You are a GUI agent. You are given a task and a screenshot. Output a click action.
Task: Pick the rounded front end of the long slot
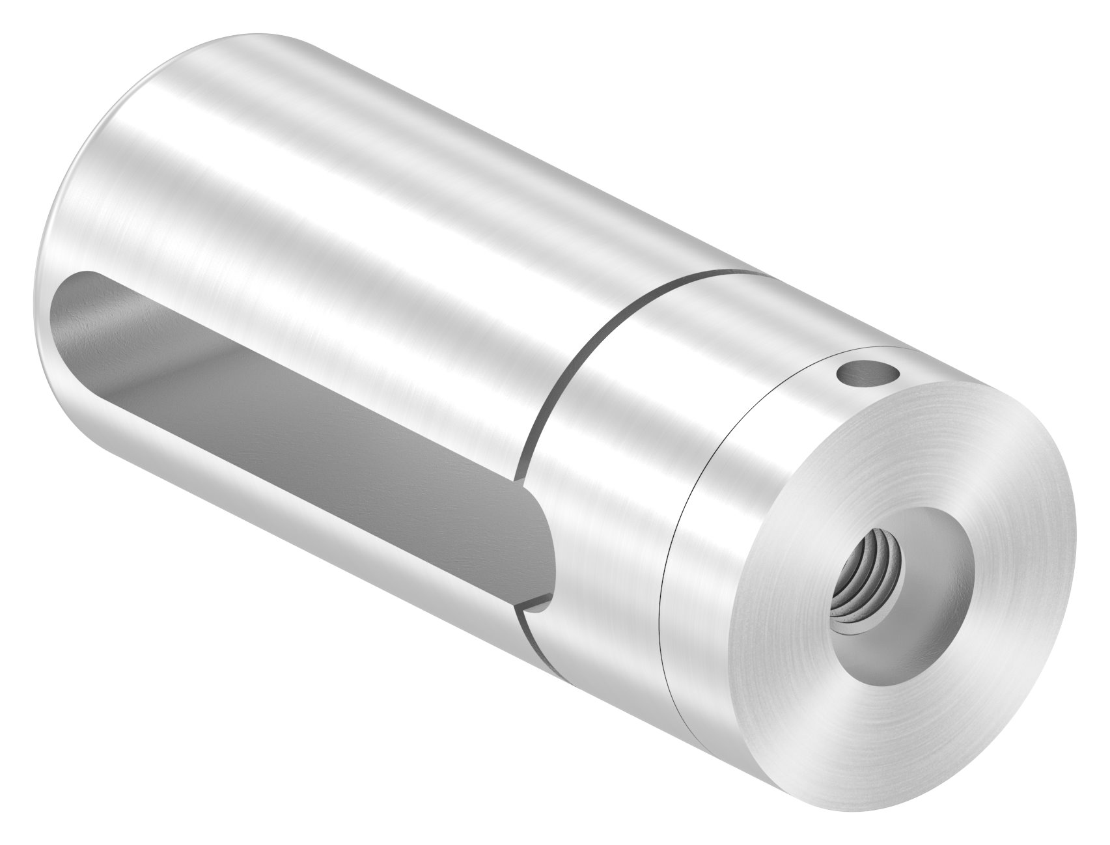click(544, 534)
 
